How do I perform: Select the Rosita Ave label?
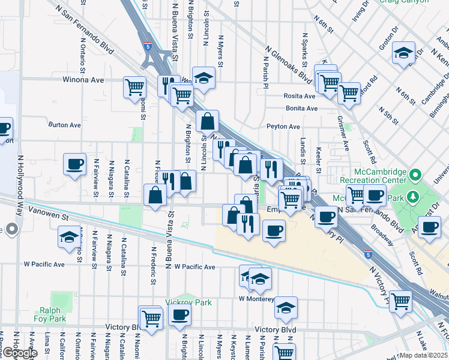(300, 96)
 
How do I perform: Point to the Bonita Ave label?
(301, 109)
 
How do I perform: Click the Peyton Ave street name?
(283, 127)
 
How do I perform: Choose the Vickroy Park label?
(188, 303)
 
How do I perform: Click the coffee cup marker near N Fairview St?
(76, 164)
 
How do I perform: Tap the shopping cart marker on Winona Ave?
(134, 86)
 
